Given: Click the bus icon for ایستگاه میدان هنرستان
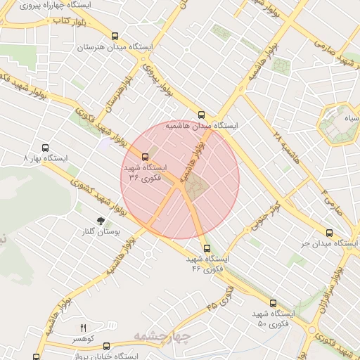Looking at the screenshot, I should click(x=115, y=36).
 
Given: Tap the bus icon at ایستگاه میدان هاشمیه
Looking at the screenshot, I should click(x=202, y=114).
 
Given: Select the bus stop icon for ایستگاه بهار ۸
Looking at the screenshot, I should click(x=46, y=148).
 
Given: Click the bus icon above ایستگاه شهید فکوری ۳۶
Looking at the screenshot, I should click(x=146, y=156).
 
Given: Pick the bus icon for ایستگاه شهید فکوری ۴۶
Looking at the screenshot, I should click(x=206, y=247).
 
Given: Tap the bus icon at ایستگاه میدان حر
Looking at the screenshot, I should click(x=329, y=232).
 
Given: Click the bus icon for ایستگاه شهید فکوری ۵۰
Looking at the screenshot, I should click(x=274, y=303).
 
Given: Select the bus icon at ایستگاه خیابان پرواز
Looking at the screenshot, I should click(x=106, y=346).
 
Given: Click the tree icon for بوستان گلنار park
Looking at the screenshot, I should click(x=101, y=221).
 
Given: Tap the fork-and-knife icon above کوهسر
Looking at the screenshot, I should click(x=84, y=328).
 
